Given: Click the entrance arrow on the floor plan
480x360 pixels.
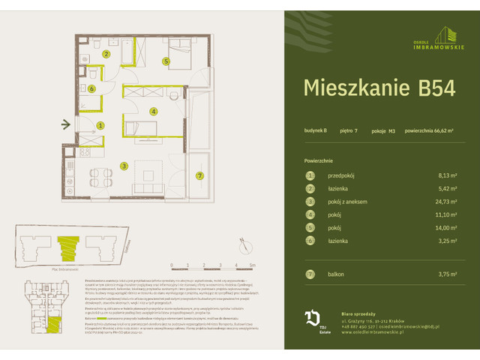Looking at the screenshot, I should (66, 125).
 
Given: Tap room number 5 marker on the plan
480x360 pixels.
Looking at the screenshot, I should (166, 61).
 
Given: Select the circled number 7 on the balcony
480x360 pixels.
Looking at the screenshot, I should (199, 176).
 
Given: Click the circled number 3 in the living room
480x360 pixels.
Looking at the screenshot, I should (125, 166).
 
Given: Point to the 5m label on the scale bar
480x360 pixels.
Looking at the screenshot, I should (253, 265).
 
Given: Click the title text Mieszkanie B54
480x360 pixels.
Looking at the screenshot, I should (379, 87).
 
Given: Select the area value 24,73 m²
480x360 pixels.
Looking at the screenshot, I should (450, 202).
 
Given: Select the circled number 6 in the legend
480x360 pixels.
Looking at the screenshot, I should (309, 240).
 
